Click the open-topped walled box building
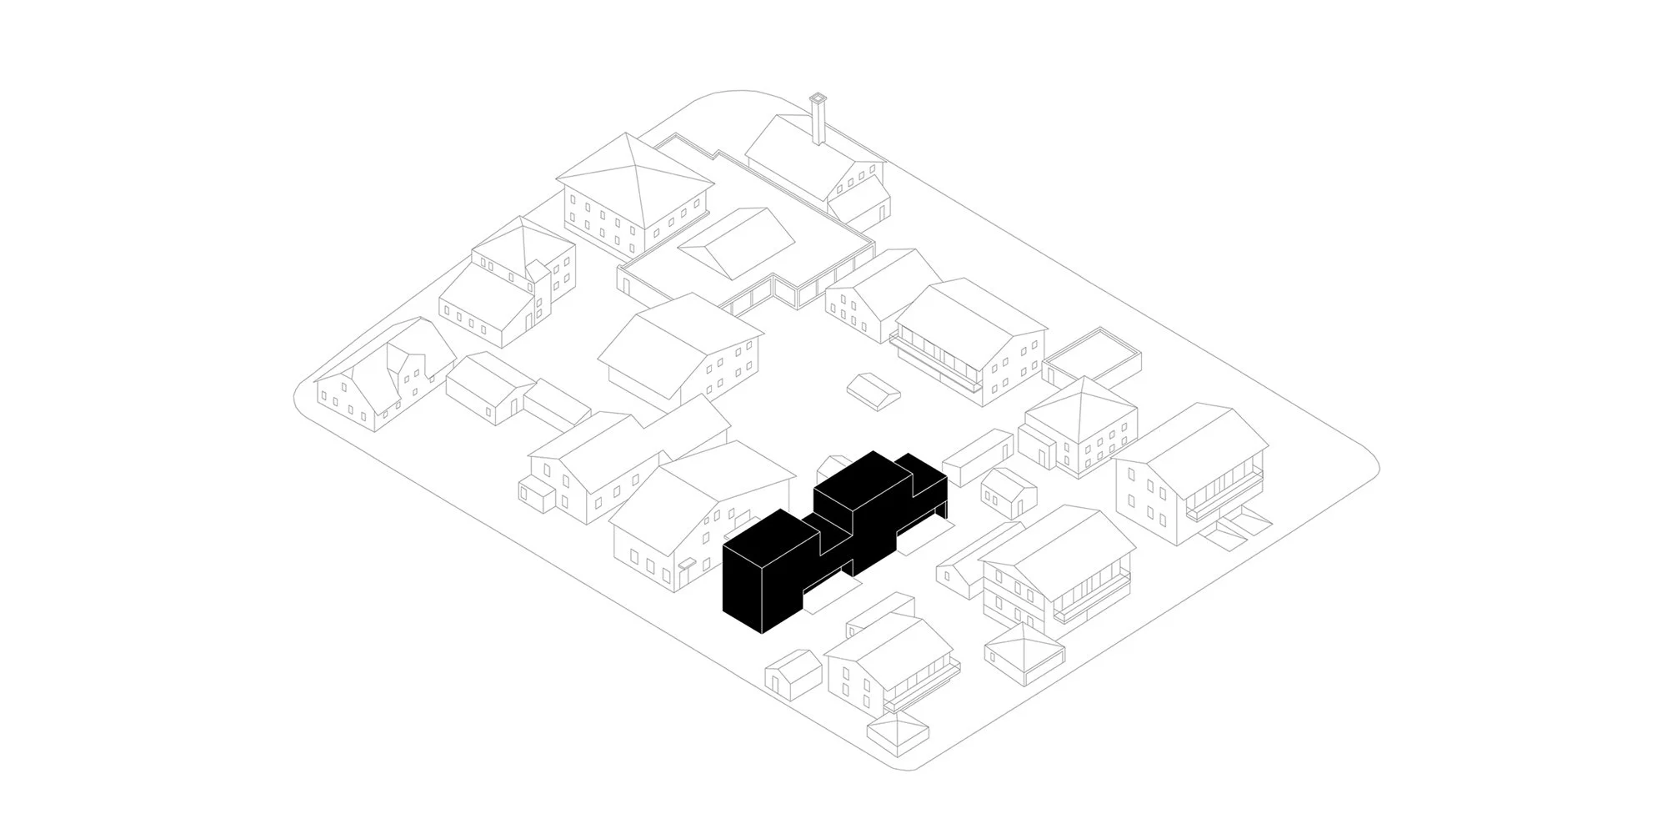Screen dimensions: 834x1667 coord(1093,359)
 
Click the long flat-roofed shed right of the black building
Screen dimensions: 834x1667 coord(977,457)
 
